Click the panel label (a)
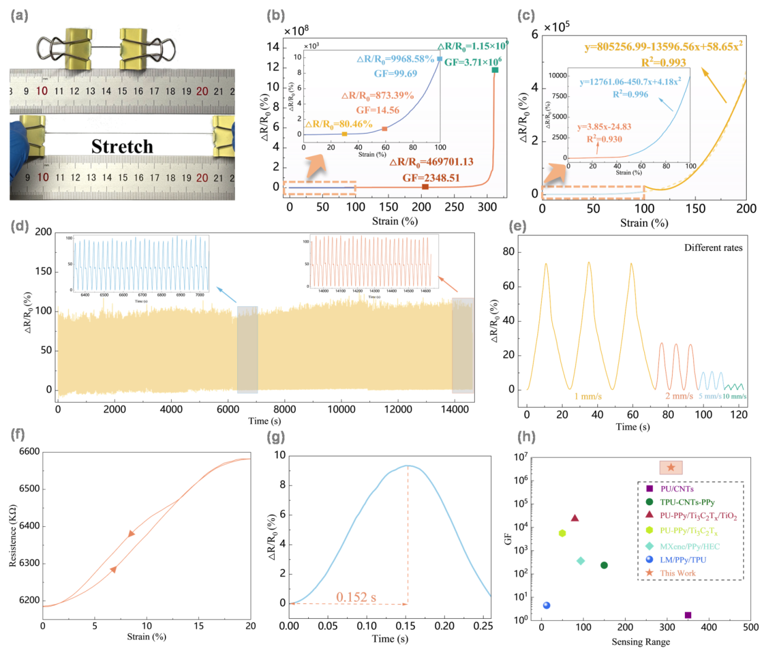click(x=19, y=16)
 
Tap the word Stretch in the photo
click(x=122, y=146)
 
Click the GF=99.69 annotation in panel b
click(x=395, y=73)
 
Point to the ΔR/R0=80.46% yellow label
click(x=339, y=124)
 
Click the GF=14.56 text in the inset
click(x=377, y=110)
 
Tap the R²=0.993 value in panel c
click(x=663, y=62)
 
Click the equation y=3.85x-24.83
click(x=604, y=127)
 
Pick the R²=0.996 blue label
click(x=630, y=94)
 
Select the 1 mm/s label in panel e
click(x=588, y=396)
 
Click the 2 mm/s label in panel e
click(x=679, y=396)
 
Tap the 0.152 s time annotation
click(x=356, y=597)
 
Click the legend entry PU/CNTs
click(x=676, y=489)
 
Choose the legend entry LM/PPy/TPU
click(x=682, y=560)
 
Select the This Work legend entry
click(x=678, y=573)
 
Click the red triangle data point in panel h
click(x=575, y=518)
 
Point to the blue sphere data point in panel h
click(x=546, y=605)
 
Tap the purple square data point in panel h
click(x=688, y=615)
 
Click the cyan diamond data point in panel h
click(x=581, y=561)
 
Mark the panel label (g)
click(x=275, y=437)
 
